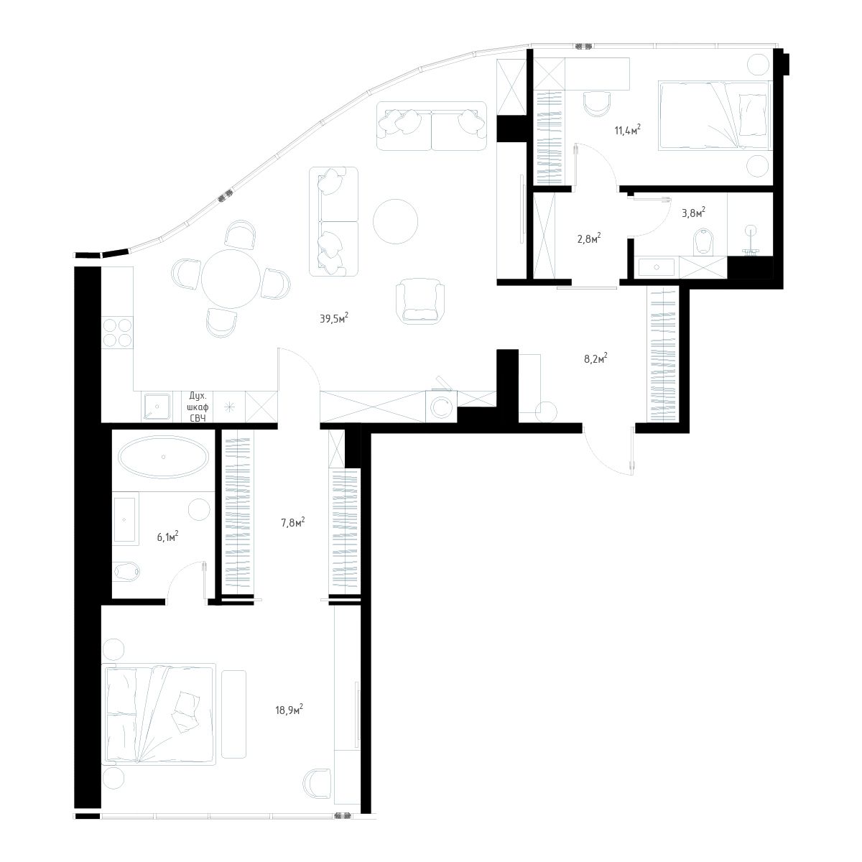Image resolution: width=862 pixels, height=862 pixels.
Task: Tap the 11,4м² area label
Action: (626, 130)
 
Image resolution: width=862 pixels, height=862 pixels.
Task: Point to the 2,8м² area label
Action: (588, 238)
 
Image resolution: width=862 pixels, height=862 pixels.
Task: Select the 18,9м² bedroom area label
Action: (289, 710)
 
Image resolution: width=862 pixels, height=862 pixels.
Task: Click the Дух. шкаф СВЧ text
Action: (198, 405)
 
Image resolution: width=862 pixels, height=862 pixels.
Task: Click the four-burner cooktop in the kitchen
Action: (118, 333)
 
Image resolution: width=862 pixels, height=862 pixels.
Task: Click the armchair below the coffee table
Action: (421, 300)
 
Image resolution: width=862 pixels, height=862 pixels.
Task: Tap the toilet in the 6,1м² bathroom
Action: (129, 571)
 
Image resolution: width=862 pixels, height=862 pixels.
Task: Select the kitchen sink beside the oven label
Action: (156, 407)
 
